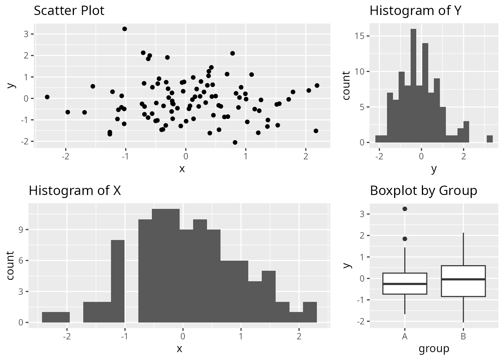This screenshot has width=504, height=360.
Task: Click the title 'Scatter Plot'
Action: (x=69, y=10)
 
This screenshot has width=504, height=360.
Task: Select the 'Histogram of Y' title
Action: (x=415, y=10)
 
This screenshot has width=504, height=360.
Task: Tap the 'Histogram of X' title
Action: (x=75, y=190)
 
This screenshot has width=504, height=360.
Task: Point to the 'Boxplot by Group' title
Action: (x=423, y=190)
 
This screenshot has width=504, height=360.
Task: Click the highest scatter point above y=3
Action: (x=124, y=29)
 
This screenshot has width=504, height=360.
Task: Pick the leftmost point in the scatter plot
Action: (x=47, y=97)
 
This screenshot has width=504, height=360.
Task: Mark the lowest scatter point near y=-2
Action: (x=235, y=142)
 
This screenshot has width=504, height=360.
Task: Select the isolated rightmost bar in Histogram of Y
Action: (x=489, y=139)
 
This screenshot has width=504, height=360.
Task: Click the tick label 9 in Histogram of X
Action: (x=21, y=229)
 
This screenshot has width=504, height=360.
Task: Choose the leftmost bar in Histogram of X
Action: (x=55, y=317)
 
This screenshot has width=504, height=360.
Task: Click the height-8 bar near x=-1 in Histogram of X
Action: (x=118, y=281)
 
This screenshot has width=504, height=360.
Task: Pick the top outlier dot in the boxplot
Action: (x=405, y=209)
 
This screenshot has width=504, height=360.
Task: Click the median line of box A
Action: (x=405, y=284)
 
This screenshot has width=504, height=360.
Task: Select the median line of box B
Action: (x=463, y=279)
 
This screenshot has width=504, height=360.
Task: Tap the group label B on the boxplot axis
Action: (x=463, y=336)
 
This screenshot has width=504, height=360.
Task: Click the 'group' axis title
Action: (x=434, y=349)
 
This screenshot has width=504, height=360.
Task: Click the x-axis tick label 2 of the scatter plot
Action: (x=306, y=156)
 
